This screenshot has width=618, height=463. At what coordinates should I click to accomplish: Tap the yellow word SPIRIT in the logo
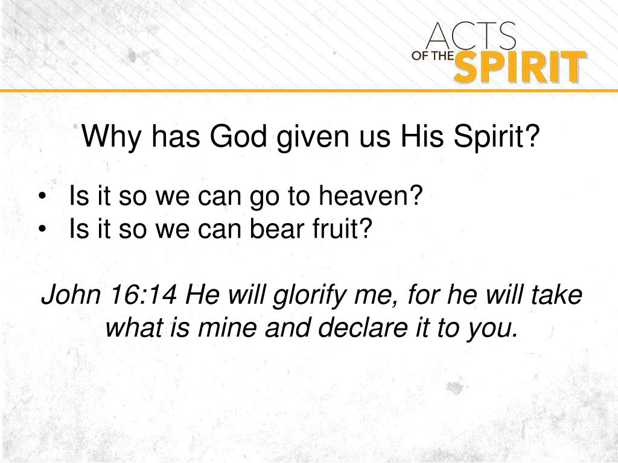coord(519,68)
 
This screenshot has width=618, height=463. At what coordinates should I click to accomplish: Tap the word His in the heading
coord(416,137)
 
